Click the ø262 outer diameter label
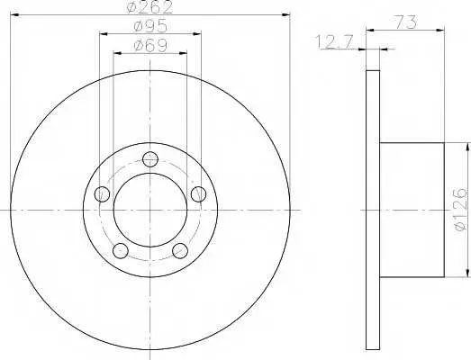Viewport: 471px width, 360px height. [x=149, y=7]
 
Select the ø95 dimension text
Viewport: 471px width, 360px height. [x=150, y=26]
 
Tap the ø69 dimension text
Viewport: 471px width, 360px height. [x=150, y=46]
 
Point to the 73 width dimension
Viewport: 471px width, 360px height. [x=405, y=22]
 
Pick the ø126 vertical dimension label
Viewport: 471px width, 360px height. [x=461, y=210]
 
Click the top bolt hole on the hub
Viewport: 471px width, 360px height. [x=150, y=159]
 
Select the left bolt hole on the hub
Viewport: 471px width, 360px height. [x=102, y=194]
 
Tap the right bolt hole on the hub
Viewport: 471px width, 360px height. [x=198, y=194]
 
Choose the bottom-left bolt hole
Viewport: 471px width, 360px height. [x=121, y=250]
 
